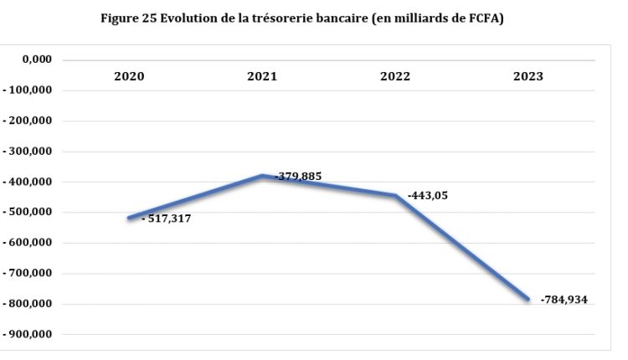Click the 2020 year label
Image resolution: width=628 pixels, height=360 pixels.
click(130, 76)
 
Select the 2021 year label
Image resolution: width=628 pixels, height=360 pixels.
click(262, 76)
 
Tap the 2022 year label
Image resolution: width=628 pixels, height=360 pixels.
click(395, 76)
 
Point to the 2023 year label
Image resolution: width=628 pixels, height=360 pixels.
click(528, 76)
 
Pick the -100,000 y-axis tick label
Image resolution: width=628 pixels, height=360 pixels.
click(29, 90)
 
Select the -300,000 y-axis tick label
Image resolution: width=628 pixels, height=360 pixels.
click(29, 152)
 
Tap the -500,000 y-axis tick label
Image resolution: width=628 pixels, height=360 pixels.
click(29, 213)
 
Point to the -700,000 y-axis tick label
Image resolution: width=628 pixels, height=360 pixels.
click(29, 274)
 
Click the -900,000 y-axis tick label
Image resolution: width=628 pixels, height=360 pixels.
click(29, 335)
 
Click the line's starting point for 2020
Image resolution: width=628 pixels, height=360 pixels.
click(129, 218)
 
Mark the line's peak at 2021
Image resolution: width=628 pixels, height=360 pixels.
click(262, 176)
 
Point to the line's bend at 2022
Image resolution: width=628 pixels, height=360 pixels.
click(395, 195)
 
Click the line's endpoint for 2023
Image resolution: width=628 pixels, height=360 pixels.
click(528, 299)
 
